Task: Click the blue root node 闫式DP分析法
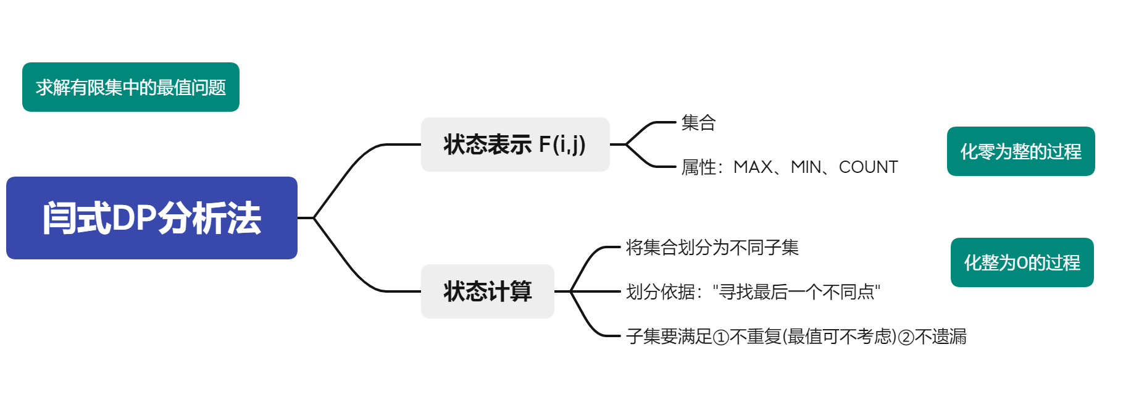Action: tap(151, 218)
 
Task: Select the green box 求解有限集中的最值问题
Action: tap(130, 87)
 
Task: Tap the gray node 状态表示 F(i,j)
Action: tap(515, 144)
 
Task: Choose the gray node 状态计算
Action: tap(487, 291)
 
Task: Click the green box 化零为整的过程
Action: tap(1020, 151)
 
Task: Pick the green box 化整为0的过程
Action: tap(1022, 262)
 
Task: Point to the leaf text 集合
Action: tap(698, 123)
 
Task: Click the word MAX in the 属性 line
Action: tap(753, 167)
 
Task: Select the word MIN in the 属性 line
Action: tap(806, 167)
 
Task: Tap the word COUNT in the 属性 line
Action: tap(868, 167)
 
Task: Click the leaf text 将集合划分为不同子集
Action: tap(712, 248)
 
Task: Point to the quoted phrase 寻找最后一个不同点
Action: tap(796, 291)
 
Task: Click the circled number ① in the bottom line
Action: tap(720, 337)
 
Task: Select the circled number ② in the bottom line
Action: tap(906, 337)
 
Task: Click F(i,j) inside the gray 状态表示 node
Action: tap(562, 144)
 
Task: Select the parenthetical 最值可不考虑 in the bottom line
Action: tap(840, 337)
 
